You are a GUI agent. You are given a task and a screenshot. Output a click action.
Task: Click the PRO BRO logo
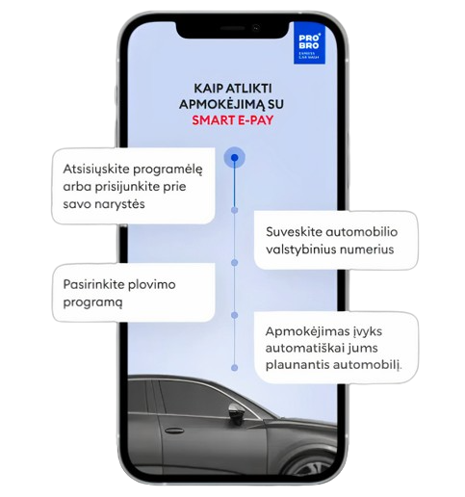[x=309, y=43]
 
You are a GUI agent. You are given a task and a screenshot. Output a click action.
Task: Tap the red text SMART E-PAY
[x=233, y=120]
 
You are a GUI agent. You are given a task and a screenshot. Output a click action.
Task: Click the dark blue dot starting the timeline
[x=235, y=158]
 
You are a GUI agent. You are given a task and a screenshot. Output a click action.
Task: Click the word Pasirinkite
[x=93, y=284]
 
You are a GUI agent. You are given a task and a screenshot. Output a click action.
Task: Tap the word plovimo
[x=151, y=285]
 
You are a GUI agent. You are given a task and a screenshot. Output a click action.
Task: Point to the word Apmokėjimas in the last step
[x=300, y=331]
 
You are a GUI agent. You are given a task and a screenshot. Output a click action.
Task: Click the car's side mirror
[x=237, y=412]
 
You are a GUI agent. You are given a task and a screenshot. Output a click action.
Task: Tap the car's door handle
[x=174, y=431]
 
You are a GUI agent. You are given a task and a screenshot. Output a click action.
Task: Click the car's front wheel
[x=316, y=465]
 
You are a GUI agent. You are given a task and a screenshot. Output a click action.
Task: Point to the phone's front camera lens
[x=256, y=28]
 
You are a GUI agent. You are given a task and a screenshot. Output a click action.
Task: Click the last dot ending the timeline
[x=235, y=368]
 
